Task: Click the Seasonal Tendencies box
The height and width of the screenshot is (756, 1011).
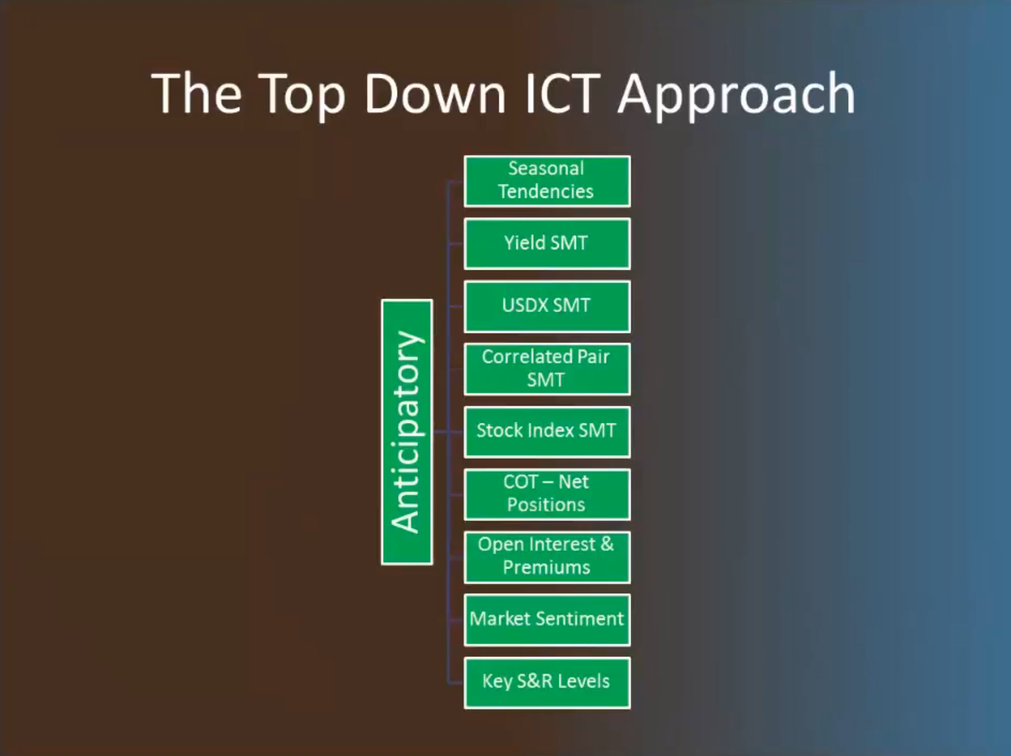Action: click(x=547, y=181)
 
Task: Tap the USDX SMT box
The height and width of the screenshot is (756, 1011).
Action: click(x=547, y=306)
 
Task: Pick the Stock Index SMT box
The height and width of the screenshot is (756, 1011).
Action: click(x=547, y=432)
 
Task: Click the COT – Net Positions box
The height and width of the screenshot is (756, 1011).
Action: click(x=547, y=494)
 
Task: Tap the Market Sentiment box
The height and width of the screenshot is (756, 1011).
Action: click(x=547, y=620)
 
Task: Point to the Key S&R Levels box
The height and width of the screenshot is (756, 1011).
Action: click(x=547, y=683)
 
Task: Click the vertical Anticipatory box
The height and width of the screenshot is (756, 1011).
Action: click(x=407, y=432)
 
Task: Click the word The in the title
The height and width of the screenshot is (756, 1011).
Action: click(x=196, y=94)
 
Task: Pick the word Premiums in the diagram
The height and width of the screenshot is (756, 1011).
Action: click(x=547, y=568)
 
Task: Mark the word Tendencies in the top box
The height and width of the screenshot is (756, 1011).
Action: click(x=546, y=192)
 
